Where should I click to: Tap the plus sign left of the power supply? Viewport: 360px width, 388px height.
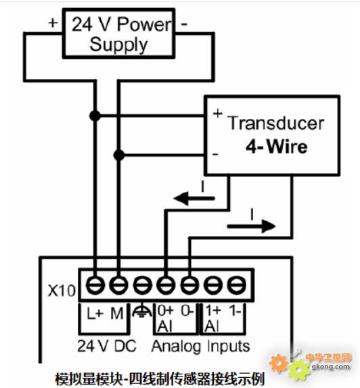pyautogui.click(x=53, y=23)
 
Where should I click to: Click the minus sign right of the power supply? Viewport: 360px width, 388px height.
pyautogui.click(x=184, y=24)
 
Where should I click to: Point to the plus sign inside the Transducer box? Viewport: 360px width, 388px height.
pyautogui.click(x=217, y=114)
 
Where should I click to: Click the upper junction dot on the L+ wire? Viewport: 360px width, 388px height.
pyautogui.click(x=95, y=116)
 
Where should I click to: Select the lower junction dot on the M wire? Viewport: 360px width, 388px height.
pyautogui.click(x=119, y=155)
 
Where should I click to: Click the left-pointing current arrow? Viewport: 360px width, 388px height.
pyautogui.click(x=194, y=198)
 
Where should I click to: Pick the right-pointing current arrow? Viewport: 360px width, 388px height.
pyautogui.click(x=251, y=226)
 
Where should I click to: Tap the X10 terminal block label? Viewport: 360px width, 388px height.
pyautogui.click(x=62, y=290)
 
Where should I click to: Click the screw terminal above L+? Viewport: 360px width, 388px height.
pyautogui.click(x=95, y=285)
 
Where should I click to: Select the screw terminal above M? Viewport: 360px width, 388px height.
pyautogui.click(x=118, y=285)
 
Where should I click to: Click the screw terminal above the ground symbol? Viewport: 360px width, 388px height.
pyautogui.click(x=143, y=285)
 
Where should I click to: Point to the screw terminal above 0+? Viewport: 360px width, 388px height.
pyautogui.click(x=166, y=285)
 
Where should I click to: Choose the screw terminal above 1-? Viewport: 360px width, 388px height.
pyautogui.click(x=236, y=285)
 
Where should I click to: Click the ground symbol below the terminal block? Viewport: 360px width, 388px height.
pyautogui.click(x=141, y=311)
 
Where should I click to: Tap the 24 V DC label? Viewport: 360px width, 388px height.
pyautogui.click(x=107, y=345)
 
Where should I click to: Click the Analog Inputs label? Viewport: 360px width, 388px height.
pyautogui.click(x=200, y=346)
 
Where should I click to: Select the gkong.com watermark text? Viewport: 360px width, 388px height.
pyautogui.click(x=330, y=366)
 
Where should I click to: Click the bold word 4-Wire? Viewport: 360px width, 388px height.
pyautogui.click(x=277, y=147)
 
